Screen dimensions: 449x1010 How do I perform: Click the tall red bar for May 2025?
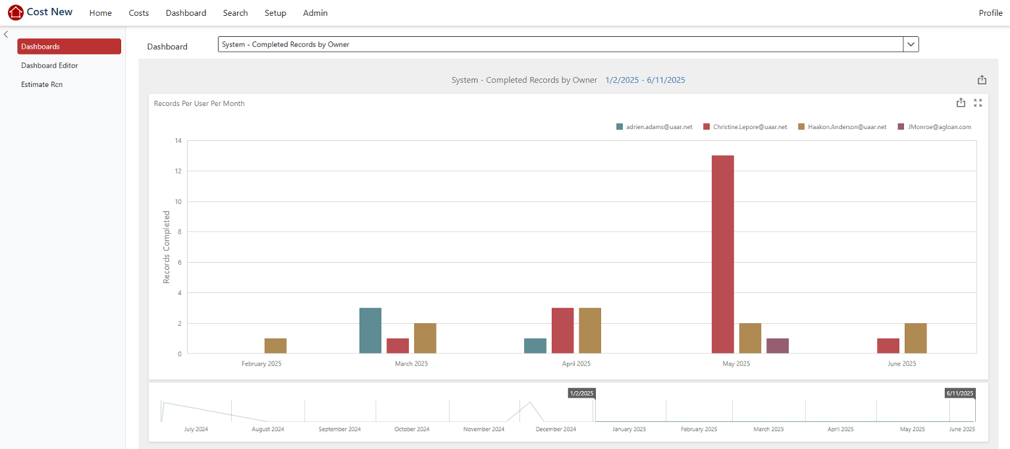(722, 254)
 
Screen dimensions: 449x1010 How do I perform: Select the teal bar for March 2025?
(370, 330)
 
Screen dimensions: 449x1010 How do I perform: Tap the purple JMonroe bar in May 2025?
(778, 346)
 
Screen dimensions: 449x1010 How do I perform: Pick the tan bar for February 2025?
(275, 346)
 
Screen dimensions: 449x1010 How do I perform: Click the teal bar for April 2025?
(535, 346)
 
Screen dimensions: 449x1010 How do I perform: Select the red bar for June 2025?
(888, 346)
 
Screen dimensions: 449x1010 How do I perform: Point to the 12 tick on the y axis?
(178, 171)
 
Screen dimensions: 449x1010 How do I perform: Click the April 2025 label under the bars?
(576, 364)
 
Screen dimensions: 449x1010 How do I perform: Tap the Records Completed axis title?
(167, 248)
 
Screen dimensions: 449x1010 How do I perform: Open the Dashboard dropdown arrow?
(911, 44)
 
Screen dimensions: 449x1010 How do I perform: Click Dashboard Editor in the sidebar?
(49, 66)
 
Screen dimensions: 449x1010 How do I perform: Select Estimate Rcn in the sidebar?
(41, 84)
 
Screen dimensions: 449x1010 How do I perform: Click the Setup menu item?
(275, 13)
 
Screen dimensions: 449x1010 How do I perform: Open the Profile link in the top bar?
(990, 13)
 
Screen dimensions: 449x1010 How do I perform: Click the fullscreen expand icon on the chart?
(978, 103)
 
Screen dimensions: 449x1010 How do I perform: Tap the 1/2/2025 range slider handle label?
(581, 393)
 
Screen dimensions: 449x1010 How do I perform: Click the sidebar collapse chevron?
(6, 34)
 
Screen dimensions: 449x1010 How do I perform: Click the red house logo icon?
(15, 13)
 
